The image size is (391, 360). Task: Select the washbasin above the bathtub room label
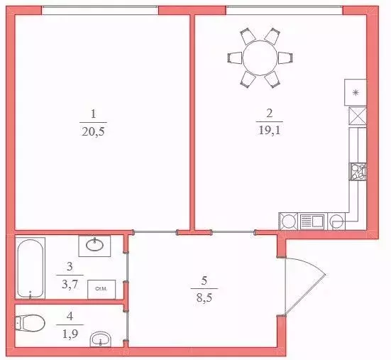point(94,246)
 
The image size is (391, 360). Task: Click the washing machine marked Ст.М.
point(100,288)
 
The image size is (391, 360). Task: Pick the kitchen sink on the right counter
point(356,171)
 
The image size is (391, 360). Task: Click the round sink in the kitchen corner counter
point(288,221)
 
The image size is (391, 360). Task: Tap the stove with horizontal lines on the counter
point(311,221)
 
